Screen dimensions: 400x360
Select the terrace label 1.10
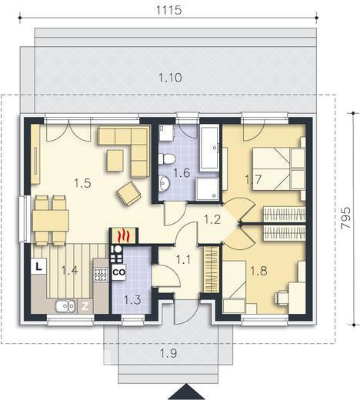click(170, 77)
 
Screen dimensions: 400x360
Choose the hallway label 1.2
click(212, 219)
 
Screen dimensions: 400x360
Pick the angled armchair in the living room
click(128, 195)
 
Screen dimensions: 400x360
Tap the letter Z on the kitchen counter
click(85, 306)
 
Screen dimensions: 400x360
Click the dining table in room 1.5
click(50, 219)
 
